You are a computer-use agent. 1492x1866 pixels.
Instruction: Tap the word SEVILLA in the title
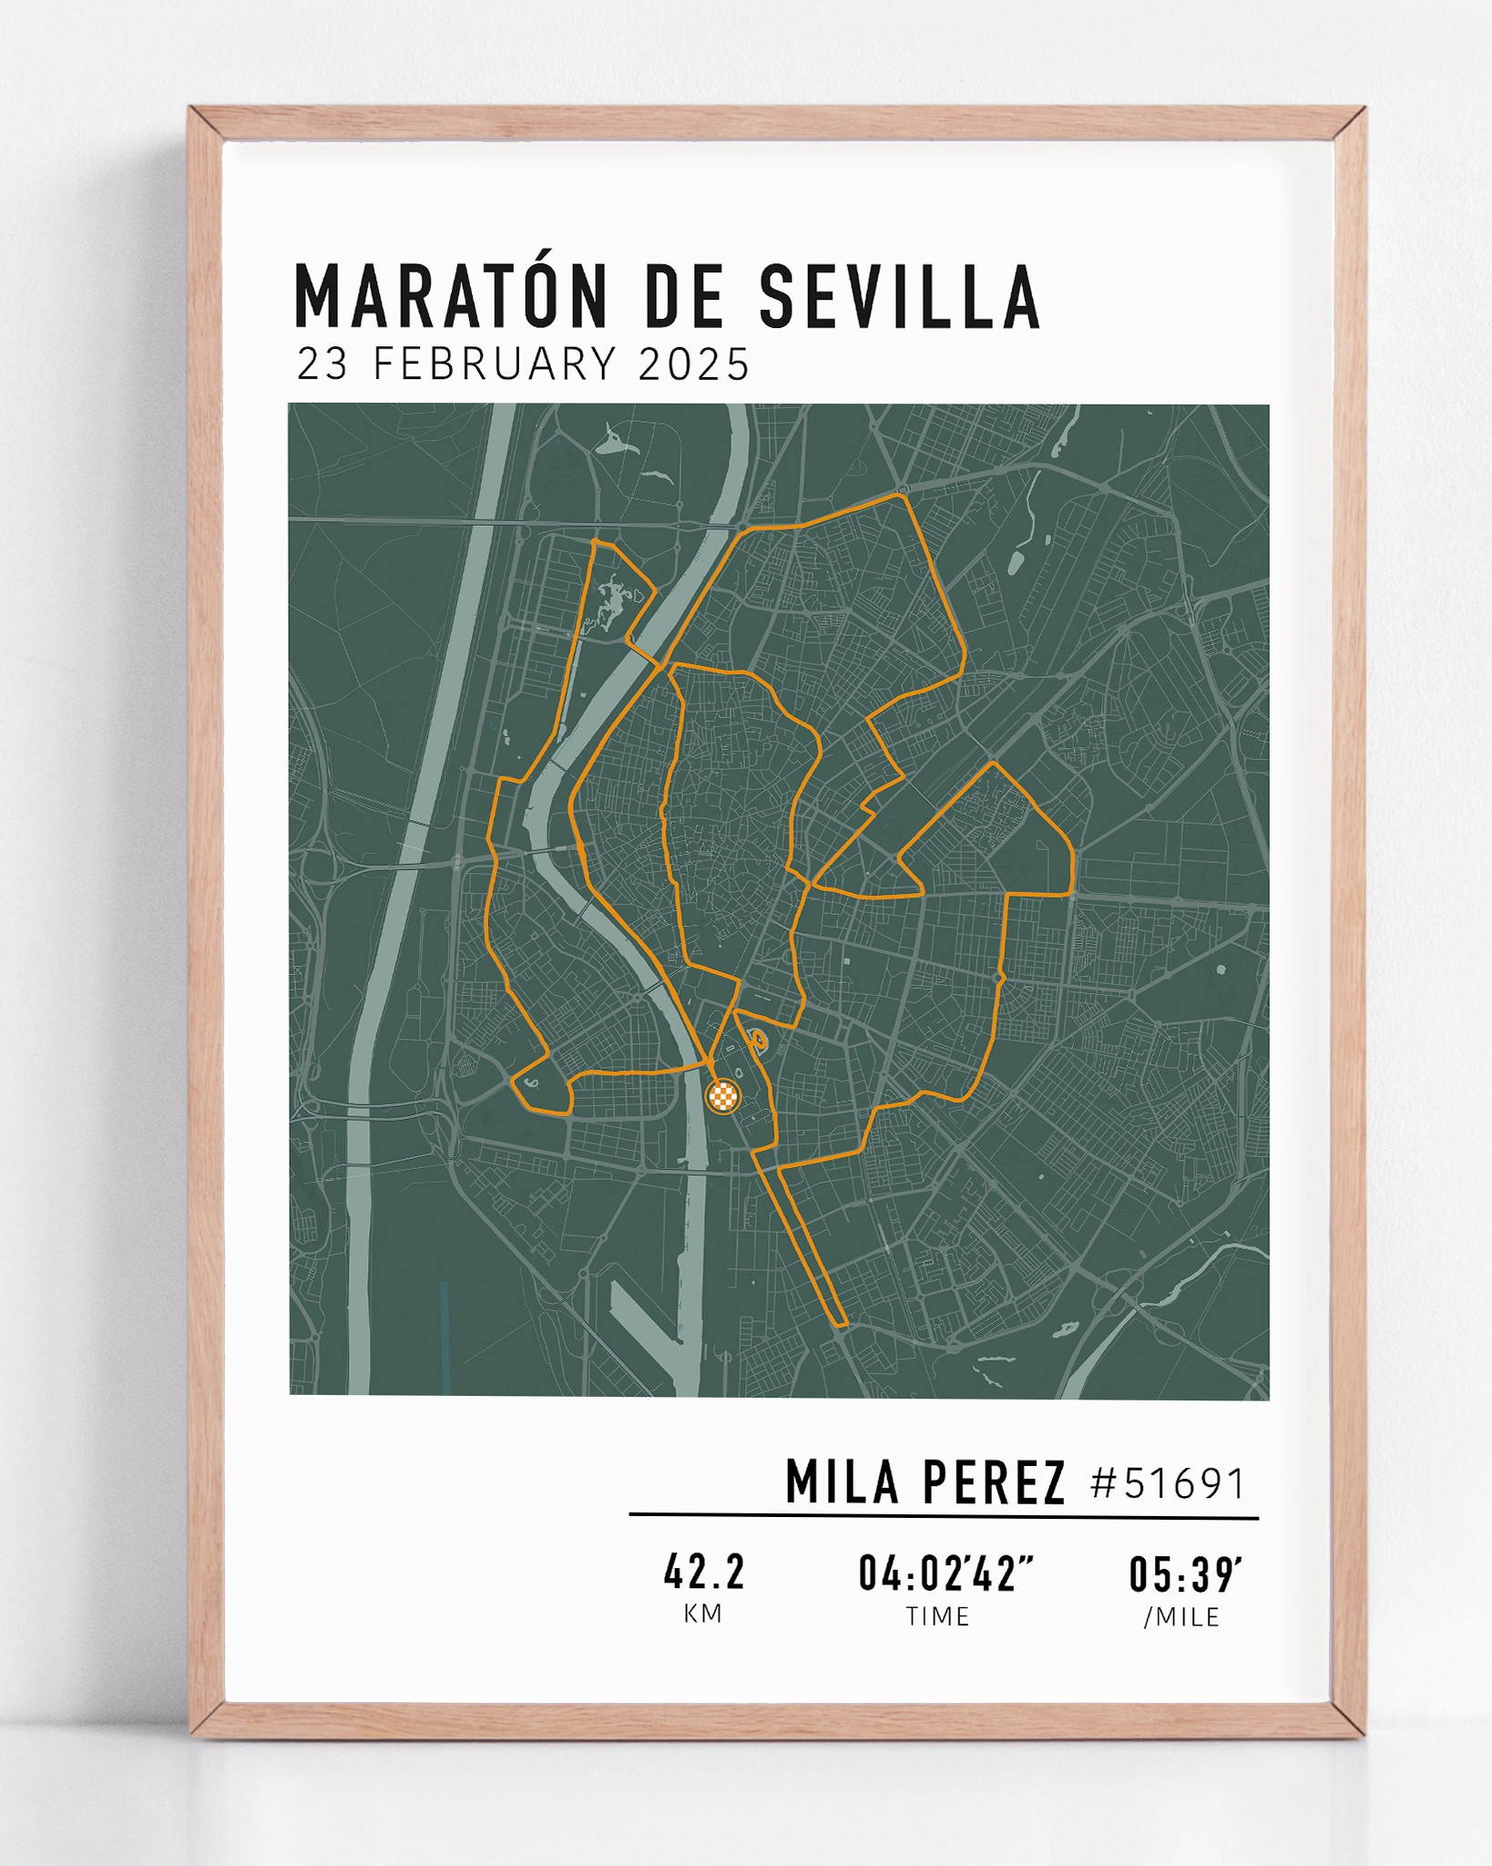pos(899,297)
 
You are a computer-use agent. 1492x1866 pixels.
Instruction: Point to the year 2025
pos(694,364)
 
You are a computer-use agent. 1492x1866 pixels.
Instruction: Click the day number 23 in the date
pos(322,364)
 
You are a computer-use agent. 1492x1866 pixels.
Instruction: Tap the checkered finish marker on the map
pos(723,1095)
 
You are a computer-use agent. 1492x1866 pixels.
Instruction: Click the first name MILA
pos(843,1482)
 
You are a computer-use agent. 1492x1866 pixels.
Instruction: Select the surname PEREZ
pos(994,1482)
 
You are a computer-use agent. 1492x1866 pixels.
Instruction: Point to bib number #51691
pos(1168,1483)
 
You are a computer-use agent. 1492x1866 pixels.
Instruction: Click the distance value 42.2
pos(704,1572)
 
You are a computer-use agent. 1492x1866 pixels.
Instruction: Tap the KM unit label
pos(703,1614)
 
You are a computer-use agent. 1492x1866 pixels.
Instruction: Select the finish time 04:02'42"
pos(945,1574)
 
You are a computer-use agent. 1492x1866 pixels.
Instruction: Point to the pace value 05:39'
pos(1185,1574)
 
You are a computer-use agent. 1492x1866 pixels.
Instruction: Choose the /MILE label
pos(1182,1616)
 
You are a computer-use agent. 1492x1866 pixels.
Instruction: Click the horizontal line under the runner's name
pos(944,1516)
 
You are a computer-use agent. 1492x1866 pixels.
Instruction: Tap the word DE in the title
pos(684,297)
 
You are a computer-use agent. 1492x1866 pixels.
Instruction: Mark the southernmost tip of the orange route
pos(842,1324)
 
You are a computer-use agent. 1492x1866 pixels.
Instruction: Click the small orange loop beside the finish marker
pos(756,1038)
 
